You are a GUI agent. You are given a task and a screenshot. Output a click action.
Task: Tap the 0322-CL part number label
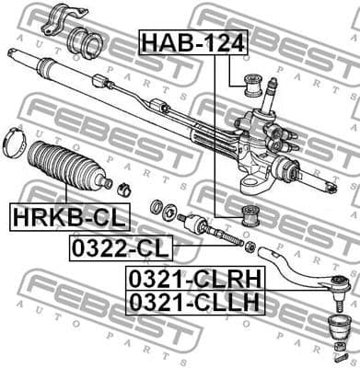(120, 247)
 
